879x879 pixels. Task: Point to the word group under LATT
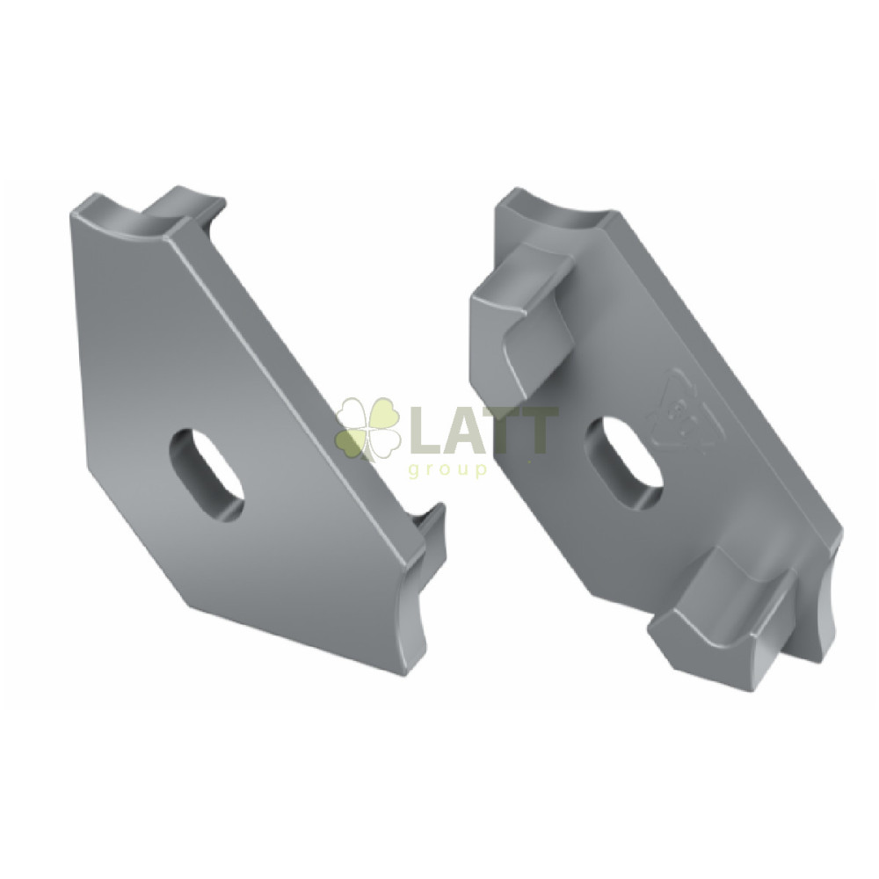point(447,469)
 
